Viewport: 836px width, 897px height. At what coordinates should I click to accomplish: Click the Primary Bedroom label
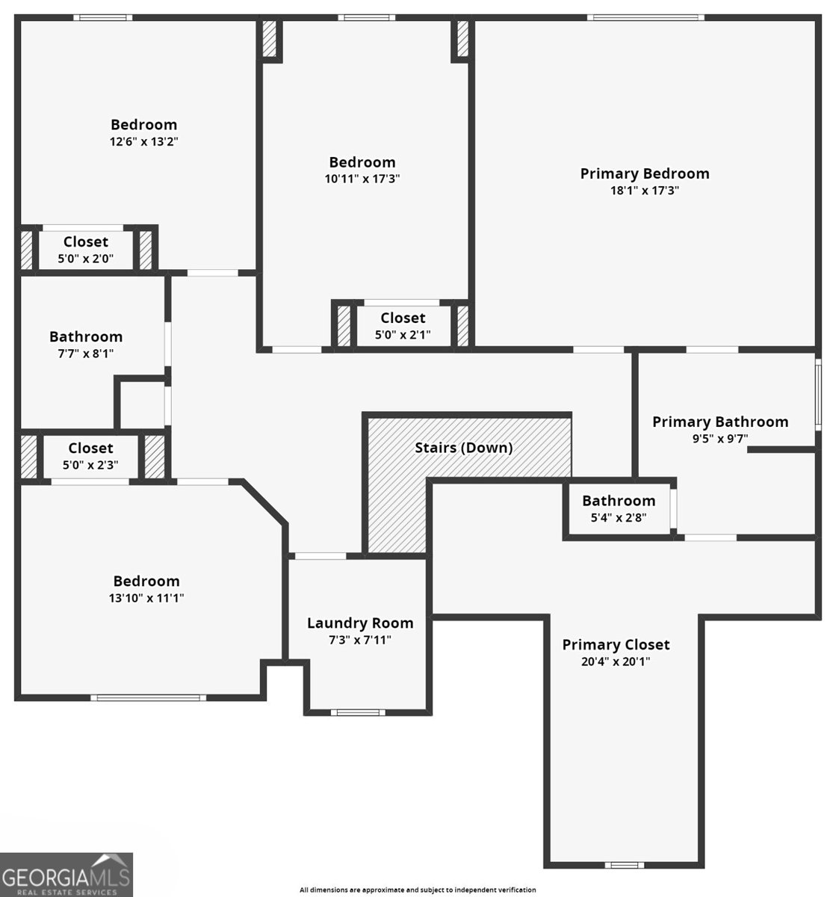tap(644, 173)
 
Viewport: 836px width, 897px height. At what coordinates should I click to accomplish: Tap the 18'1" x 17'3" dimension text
tap(644, 191)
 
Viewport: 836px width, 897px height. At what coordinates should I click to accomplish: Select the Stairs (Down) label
tap(463, 448)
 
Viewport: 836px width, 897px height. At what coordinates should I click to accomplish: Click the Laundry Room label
tap(359, 623)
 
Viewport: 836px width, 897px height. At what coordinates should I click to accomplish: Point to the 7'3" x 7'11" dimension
tap(359, 640)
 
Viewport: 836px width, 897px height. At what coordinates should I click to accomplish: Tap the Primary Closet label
tap(616, 644)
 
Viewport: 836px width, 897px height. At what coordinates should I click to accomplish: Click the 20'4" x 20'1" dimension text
tap(616, 662)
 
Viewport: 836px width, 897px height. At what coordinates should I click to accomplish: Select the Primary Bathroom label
tap(719, 422)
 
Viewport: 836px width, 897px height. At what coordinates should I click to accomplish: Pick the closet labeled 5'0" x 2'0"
tap(85, 259)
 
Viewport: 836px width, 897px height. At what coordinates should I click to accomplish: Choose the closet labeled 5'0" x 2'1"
tap(403, 335)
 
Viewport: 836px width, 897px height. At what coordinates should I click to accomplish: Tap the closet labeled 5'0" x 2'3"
tap(90, 465)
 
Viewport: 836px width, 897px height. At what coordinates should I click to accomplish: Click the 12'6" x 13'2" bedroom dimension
tap(143, 141)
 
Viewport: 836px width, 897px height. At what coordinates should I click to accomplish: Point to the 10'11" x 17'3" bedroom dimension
tap(362, 179)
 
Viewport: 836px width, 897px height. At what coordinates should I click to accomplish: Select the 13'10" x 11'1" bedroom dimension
tap(146, 598)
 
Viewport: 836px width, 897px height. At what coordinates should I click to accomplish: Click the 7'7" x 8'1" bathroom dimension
tap(86, 354)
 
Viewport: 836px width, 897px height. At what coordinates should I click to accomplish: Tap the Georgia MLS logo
tap(66, 875)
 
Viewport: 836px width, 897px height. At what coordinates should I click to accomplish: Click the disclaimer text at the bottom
tap(417, 890)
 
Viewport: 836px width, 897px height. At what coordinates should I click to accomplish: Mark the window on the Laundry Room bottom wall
tap(358, 712)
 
